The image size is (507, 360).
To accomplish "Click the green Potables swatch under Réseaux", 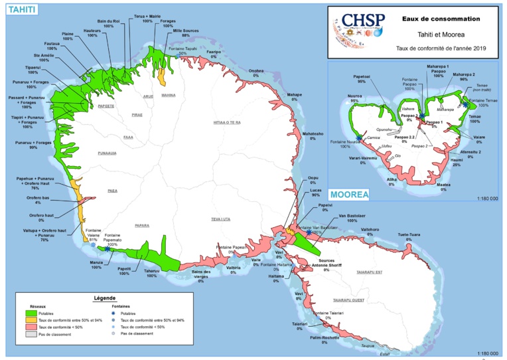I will [31, 312].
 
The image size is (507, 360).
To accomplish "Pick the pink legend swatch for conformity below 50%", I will [31, 327].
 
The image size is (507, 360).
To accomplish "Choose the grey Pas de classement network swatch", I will [31, 334].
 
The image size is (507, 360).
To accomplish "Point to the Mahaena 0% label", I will [294, 98].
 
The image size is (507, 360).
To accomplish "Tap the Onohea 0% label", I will [255, 72].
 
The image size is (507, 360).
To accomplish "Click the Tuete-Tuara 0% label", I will [409, 237].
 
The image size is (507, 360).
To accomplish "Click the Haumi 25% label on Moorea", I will [457, 163].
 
